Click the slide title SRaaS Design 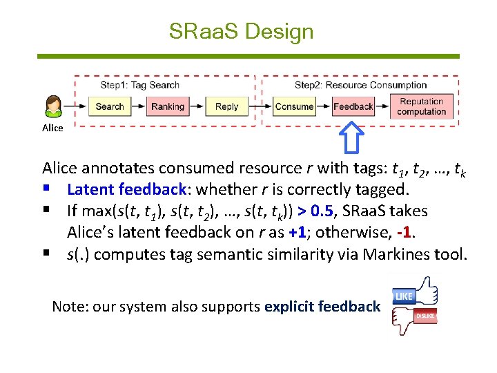click(241, 31)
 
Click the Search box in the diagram click(109, 106)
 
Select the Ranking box click(168, 106)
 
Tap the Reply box click(226, 106)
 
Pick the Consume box click(294, 106)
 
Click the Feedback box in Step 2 click(353, 106)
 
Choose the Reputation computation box click(421, 106)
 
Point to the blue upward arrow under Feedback click(353, 137)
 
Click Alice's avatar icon click(53, 107)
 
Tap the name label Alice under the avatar click(52, 128)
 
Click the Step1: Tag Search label click(139, 85)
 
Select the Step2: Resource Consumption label click(360, 85)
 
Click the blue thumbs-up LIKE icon click(414, 293)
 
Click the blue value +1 click(298, 233)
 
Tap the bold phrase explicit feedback click(322, 306)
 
